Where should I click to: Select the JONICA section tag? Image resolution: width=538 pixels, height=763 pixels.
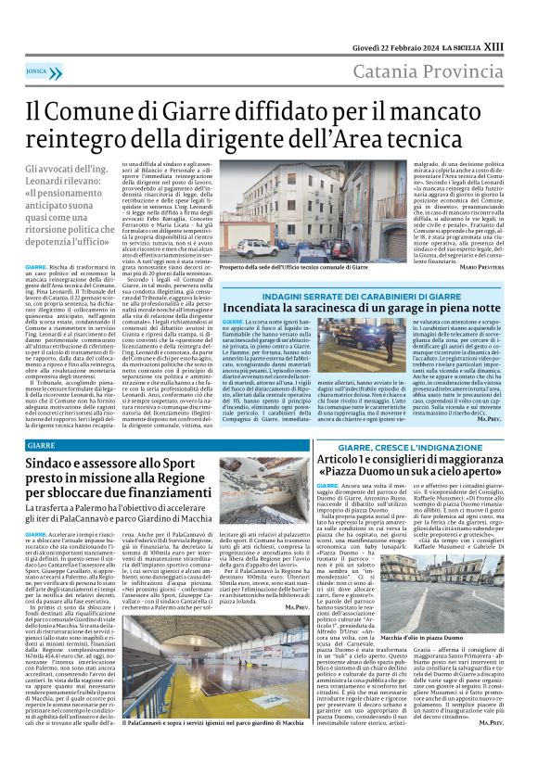pos(37,70)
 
